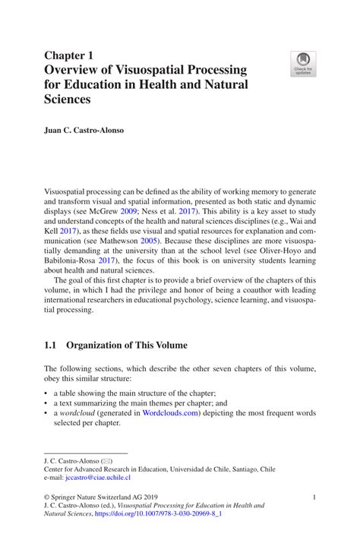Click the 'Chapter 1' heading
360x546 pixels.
(69, 55)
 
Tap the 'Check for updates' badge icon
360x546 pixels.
(304, 65)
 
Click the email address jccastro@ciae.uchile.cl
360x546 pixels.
(98, 478)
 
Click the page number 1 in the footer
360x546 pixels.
(313, 496)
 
